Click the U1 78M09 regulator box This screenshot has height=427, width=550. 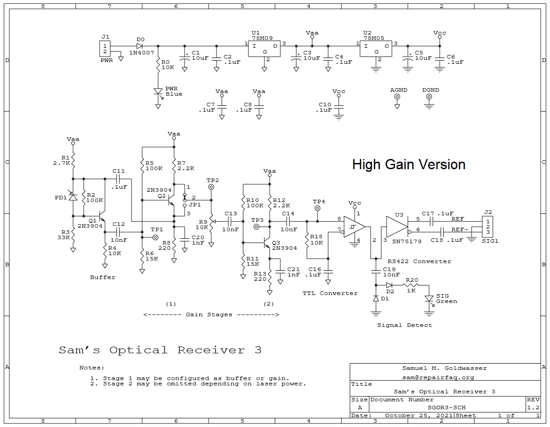click(264, 49)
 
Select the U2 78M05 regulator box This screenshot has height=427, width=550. click(376, 49)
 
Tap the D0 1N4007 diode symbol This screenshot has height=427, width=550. click(139, 46)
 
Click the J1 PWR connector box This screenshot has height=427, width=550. click(105, 49)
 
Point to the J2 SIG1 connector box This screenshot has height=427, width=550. click(488, 227)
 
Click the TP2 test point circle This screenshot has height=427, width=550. click(211, 187)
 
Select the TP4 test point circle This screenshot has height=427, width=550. click(318, 208)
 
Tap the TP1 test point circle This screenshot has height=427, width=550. click(155, 237)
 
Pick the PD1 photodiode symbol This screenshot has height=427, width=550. click(73, 197)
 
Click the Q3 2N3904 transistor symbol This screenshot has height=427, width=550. click(267, 243)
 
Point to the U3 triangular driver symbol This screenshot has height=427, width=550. click(396, 227)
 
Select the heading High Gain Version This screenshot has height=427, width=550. click(409, 165)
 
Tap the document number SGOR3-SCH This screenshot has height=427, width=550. click(446, 408)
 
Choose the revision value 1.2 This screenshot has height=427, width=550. click(533, 408)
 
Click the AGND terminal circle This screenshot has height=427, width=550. click(397, 97)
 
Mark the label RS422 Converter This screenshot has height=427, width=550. click(419, 261)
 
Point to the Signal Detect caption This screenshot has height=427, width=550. click(404, 325)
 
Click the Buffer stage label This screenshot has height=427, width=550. click(103, 277)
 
